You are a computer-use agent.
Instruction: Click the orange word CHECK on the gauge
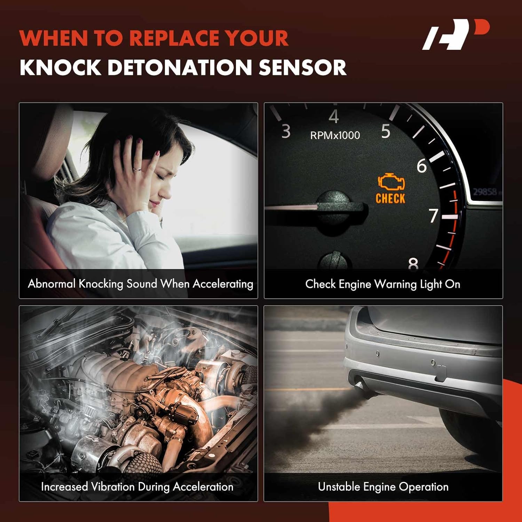point(390,199)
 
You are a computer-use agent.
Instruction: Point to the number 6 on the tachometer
point(421,166)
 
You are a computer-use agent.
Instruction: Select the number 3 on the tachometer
point(286,132)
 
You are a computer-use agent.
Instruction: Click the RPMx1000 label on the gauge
point(335,135)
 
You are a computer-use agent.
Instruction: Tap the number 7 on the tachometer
point(433,216)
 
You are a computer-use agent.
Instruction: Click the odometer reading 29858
point(485,192)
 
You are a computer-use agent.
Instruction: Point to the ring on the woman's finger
point(137,169)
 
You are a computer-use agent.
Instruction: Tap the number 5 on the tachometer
point(386,132)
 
